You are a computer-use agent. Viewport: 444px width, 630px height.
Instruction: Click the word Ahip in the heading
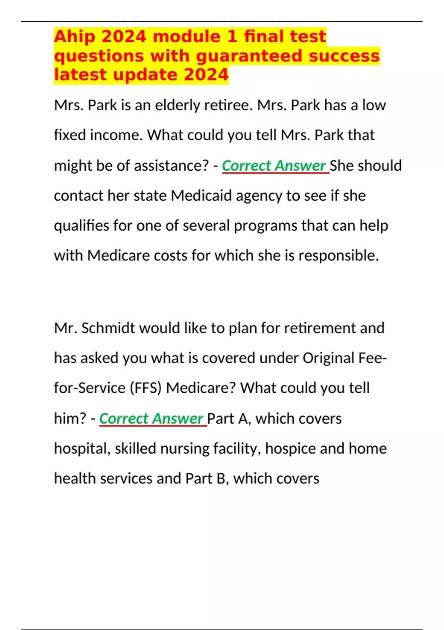point(75,37)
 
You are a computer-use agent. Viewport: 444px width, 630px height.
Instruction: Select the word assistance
point(171,166)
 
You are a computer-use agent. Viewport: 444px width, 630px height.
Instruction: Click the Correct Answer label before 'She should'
point(274,166)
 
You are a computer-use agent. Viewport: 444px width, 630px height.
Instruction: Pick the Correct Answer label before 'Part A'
point(151,419)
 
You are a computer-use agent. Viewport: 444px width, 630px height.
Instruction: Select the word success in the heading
point(344,56)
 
